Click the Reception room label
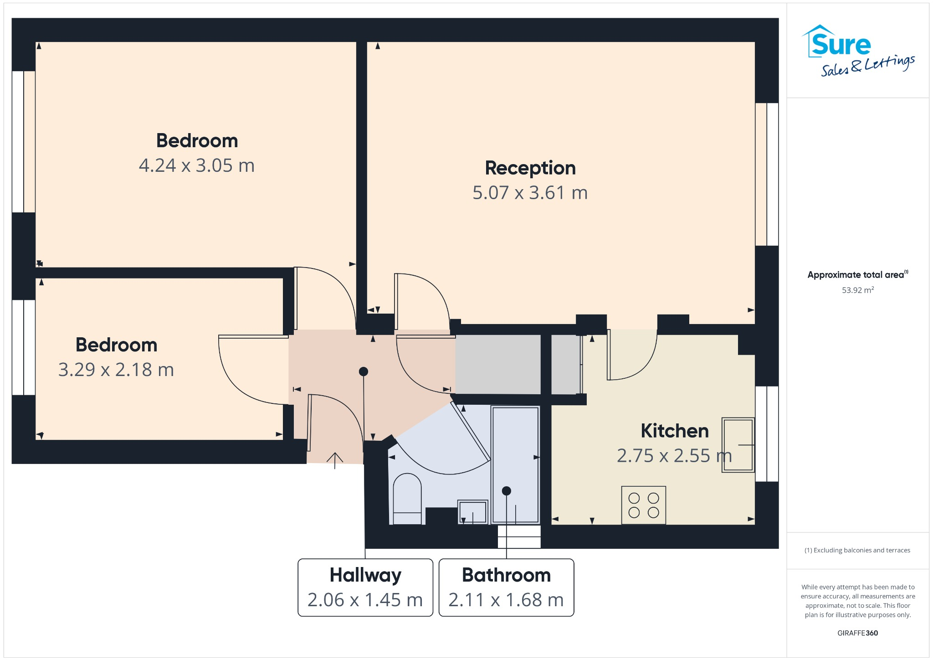(530, 168)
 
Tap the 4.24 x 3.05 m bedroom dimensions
(196, 165)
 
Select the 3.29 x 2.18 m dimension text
(116, 370)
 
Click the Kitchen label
(674, 431)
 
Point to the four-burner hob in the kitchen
(643, 505)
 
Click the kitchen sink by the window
(738, 444)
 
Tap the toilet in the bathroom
(407, 499)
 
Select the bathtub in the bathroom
(515, 465)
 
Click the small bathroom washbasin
(472, 512)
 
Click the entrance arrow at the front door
(335, 460)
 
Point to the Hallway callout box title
(365, 575)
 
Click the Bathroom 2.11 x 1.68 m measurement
(506, 600)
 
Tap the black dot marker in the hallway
(363, 371)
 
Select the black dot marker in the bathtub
(506, 491)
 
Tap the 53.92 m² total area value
(857, 290)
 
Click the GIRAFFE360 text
(857, 633)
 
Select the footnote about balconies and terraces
(857, 550)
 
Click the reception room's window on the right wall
(767, 174)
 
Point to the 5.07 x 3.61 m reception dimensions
(530, 193)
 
